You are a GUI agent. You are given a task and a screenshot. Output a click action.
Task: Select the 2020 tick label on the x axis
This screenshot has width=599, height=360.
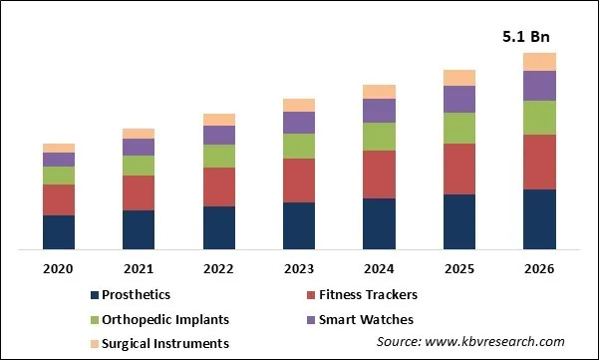59,268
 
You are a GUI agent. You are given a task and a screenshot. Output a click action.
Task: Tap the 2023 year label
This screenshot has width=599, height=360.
299,268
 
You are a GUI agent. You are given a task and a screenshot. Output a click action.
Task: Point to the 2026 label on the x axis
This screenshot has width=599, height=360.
539,268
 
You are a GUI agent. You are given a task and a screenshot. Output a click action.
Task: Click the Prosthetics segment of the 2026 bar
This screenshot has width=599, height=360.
539,218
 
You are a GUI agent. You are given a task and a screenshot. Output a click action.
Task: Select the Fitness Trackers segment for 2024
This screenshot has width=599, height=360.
379,175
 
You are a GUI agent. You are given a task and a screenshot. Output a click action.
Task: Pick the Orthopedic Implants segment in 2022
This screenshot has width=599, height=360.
219,156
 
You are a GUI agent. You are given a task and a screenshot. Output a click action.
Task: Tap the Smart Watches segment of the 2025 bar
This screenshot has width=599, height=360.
459,99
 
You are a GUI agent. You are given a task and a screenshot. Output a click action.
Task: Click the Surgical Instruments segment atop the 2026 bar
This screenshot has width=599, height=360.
539,62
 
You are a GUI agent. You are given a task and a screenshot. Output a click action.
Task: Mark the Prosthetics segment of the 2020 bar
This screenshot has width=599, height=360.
59,231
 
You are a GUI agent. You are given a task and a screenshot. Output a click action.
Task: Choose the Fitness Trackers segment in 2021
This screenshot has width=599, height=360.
139,192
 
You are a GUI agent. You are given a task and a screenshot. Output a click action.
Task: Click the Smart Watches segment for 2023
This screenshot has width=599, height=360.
299,122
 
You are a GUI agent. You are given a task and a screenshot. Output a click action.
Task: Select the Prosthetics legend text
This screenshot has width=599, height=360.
137,294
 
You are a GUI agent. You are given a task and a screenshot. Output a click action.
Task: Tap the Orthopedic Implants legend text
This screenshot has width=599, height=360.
166,319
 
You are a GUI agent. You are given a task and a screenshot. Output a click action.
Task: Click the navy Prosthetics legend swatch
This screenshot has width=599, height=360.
95,295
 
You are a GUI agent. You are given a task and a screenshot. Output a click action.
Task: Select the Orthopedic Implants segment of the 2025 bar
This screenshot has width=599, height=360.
459,128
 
